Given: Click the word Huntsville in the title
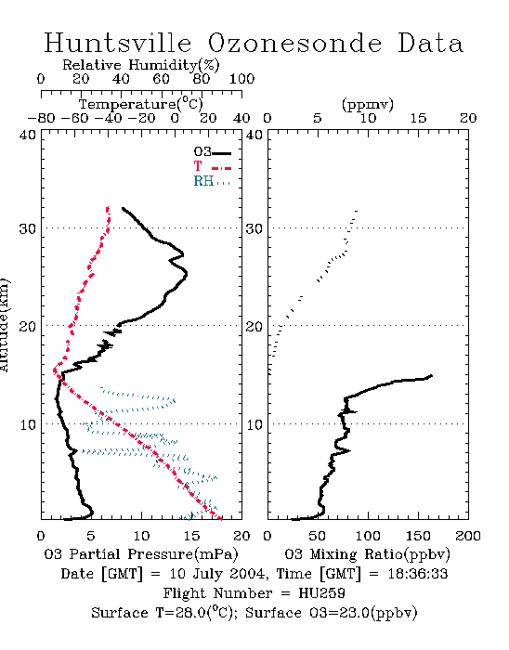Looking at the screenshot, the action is pyautogui.click(x=118, y=43).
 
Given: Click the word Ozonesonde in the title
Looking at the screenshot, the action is pyautogui.click(x=294, y=43).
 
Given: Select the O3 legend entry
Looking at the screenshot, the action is pyautogui.click(x=212, y=152).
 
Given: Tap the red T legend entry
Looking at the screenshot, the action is pyautogui.click(x=212, y=166).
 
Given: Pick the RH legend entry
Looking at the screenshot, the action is pyautogui.click(x=212, y=181).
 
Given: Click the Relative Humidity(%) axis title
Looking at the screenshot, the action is pyautogui.click(x=141, y=65).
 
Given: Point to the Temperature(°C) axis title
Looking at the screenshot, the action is pyautogui.click(x=141, y=103).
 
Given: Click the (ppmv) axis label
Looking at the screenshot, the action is pyautogui.click(x=368, y=104).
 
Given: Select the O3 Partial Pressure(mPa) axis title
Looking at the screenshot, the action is pyautogui.click(x=141, y=554).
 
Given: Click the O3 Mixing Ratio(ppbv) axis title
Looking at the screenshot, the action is pyautogui.click(x=367, y=554).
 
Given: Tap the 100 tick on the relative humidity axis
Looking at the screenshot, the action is pyautogui.click(x=241, y=79).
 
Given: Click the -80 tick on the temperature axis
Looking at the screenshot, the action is pyautogui.click(x=41, y=118).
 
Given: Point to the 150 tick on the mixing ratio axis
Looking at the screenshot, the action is pyautogui.click(x=418, y=536).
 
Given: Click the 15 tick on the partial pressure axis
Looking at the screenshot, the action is pyautogui.click(x=191, y=536).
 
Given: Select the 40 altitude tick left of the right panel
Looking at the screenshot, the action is pyautogui.click(x=254, y=136).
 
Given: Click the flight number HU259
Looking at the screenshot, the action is pyautogui.click(x=321, y=593).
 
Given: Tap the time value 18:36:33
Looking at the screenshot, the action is pyautogui.click(x=418, y=574).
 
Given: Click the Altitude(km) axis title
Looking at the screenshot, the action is pyautogui.click(x=4, y=325).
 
